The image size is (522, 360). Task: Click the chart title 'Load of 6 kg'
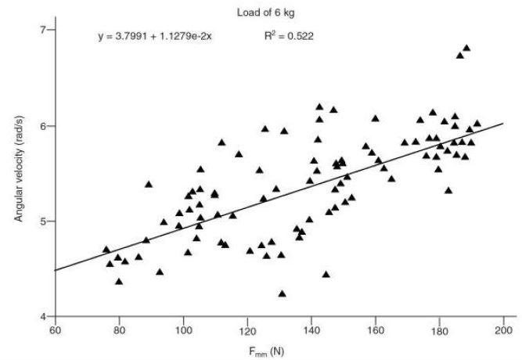(261, 12)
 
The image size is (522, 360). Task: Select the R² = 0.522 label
(289, 36)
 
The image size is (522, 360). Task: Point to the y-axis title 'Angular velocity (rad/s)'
(18, 172)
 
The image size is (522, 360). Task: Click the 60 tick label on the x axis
(55, 329)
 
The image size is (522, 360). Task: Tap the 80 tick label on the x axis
(119, 329)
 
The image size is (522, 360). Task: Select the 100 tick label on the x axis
(184, 329)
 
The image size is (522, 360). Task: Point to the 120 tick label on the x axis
(248, 329)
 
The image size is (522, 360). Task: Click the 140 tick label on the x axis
(311, 329)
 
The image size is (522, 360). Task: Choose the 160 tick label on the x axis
(376, 329)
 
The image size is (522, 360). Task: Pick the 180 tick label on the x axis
(440, 329)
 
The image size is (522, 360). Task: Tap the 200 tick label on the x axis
(504, 329)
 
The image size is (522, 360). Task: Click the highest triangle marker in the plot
(466, 49)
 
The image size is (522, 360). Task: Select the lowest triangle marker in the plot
(282, 293)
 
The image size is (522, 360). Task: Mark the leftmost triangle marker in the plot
(106, 250)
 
